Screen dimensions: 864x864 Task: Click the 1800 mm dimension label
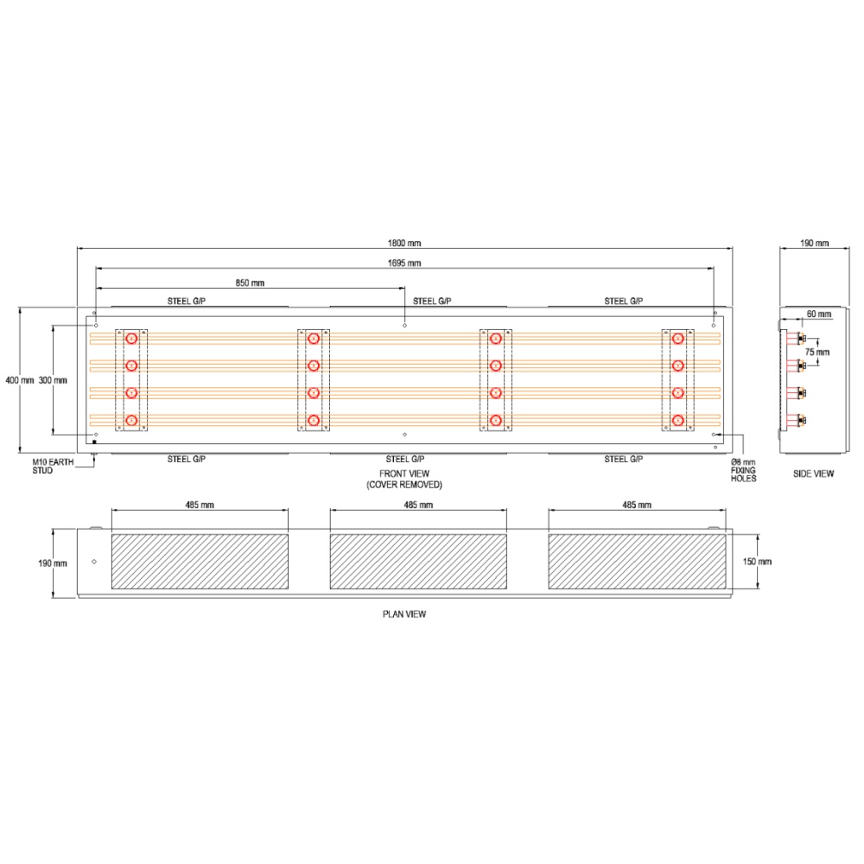point(403,243)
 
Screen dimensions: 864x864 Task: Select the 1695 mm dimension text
point(403,264)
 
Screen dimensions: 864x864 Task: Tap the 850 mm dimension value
point(250,283)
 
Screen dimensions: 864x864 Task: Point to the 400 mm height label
point(20,380)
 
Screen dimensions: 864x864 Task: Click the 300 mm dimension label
point(53,380)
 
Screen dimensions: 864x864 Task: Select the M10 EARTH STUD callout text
point(53,467)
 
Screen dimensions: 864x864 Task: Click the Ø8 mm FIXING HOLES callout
point(743,470)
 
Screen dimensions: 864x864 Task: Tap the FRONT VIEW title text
point(404,473)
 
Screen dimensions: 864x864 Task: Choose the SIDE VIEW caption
point(813,473)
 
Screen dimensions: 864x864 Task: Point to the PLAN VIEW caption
point(404,613)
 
